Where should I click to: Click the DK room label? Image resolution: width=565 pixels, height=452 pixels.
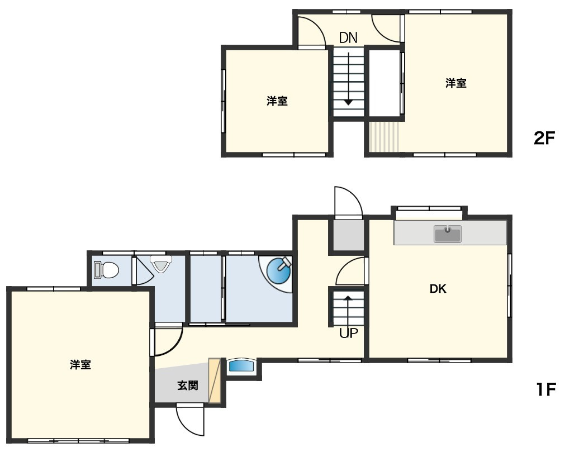(x=438, y=289)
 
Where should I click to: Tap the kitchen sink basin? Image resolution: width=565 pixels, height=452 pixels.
(x=448, y=234)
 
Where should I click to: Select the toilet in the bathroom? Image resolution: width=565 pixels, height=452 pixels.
(x=107, y=270)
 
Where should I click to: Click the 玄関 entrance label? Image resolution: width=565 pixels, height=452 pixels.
(x=188, y=386)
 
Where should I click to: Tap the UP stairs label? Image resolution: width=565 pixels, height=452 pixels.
(x=348, y=333)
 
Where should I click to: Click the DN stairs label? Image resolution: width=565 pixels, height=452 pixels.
(x=348, y=37)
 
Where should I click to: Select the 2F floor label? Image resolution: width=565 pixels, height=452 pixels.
(x=544, y=137)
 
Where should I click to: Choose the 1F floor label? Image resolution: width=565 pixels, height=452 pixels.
(x=545, y=389)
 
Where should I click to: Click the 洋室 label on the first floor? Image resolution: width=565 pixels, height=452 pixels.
(x=80, y=365)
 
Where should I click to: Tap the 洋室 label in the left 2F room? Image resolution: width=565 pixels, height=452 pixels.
(x=277, y=101)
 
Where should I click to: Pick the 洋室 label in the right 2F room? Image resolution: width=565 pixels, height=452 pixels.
(x=456, y=83)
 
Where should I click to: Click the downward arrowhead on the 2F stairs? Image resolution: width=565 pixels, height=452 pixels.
(x=348, y=102)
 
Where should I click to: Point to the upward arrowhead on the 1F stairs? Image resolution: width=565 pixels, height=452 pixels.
(x=348, y=298)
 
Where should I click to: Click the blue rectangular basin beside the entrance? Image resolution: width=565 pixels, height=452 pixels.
(x=241, y=367)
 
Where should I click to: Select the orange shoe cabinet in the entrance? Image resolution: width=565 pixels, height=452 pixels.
(x=215, y=380)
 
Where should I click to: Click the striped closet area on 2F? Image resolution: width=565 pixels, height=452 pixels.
(x=384, y=137)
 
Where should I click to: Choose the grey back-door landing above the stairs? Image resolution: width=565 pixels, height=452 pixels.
(x=348, y=235)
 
